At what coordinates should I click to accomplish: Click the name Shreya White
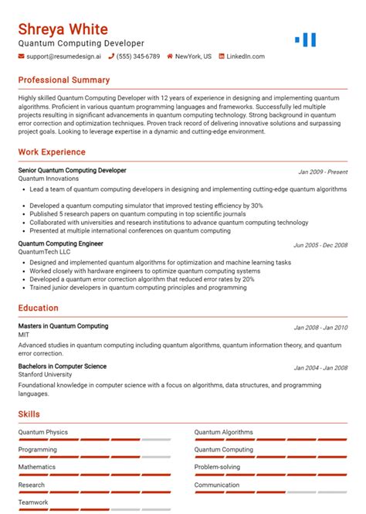pyautogui.click(x=63, y=29)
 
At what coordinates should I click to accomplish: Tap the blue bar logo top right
pyautogui.click(x=306, y=39)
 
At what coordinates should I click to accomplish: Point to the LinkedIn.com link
pyautogui.click(x=246, y=56)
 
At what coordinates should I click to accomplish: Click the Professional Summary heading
pyautogui.click(x=64, y=80)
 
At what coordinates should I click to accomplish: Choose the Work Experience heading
pyautogui.click(x=52, y=152)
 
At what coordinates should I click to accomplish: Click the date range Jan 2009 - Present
pyautogui.click(x=323, y=172)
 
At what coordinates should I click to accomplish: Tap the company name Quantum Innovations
pyautogui.click(x=48, y=179)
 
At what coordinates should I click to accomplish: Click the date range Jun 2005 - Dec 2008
pyautogui.click(x=320, y=245)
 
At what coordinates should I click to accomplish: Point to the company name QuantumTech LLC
pyautogui.click(x=44, y=252)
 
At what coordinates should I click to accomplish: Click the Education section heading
pyautogui.click(x=39, y=308)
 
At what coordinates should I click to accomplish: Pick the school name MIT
pyautogui.click(x=25, y=335)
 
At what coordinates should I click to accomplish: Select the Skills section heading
pyautogui.click(x=29, y=414)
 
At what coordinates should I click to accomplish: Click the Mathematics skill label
pyautogui.click(x=37, y=467)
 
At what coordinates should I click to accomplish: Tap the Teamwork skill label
pyautogui.click(x=33, y=502)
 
